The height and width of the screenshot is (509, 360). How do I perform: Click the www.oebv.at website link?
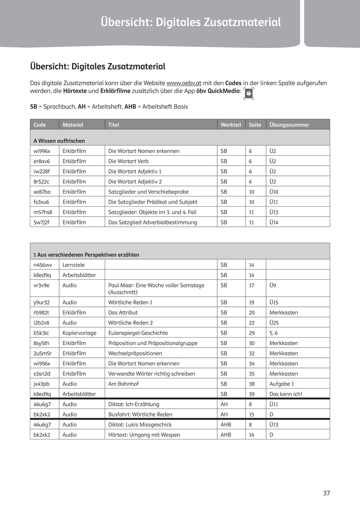[x=184, y=83]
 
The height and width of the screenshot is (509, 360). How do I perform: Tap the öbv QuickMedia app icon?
[x=249, y=93]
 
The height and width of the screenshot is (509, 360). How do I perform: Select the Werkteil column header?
[x=231, y=125]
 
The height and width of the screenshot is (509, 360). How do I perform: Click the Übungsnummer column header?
[x=289, y=125]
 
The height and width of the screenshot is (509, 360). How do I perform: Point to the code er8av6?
[x=42, y=161]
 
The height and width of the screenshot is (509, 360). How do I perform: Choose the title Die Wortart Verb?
[x=128, y=161]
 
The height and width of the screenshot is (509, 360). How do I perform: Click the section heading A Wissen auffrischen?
[x=59, y=141]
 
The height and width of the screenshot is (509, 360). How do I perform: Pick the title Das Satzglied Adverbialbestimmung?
[x=152, y=222]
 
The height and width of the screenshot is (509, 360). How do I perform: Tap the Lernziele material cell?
[x=74, y=265]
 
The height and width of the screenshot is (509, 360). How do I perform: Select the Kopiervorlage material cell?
[x=79, y=333]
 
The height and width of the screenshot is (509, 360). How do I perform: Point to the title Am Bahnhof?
[x=123, y=384]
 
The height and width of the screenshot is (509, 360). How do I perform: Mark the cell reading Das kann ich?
[x=286, y=394]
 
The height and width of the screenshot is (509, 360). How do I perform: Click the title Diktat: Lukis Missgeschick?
[x=140, y=425]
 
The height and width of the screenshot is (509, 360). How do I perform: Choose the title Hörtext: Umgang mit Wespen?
[x=144, y=435]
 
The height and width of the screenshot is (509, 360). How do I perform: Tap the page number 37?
[x=326, y=493]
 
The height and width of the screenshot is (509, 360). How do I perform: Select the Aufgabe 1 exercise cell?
[x=282, y=384]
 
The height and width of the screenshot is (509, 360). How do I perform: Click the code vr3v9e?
[x=41, y=285]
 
